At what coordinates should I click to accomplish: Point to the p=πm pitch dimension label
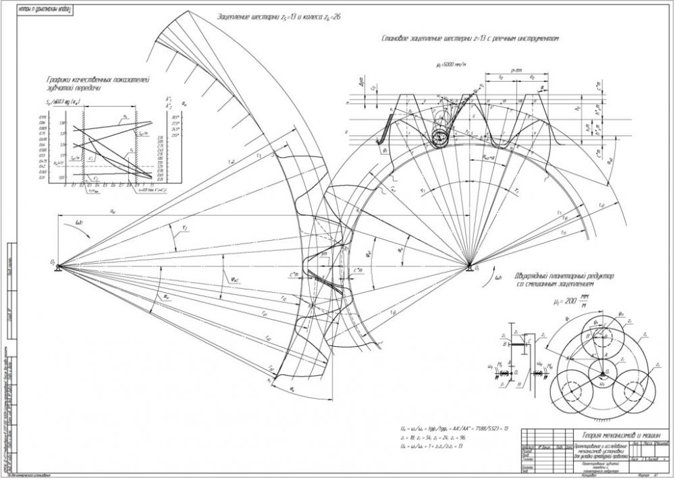point(516,70)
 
